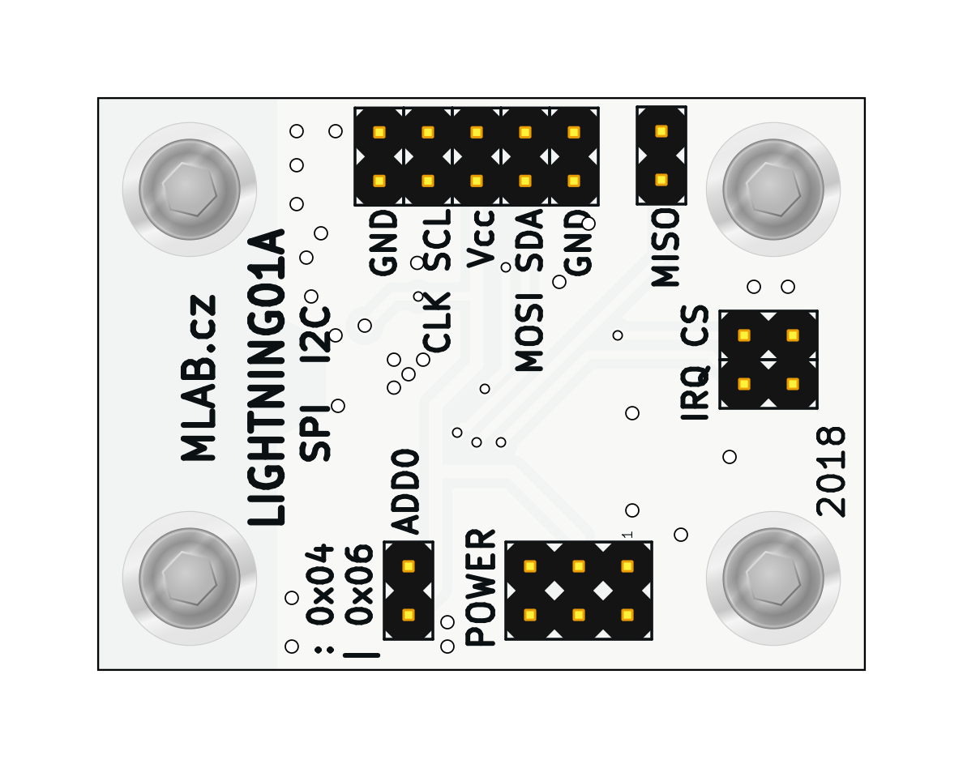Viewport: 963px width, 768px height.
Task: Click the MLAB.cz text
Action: (x=200, y=378)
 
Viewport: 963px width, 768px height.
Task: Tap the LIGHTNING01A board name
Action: (x=267, y=378)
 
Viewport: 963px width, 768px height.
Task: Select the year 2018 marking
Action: (x=832, y=471)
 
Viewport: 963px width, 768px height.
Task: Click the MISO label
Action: (x=666, y=247)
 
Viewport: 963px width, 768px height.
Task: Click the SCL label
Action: (x=439, y=240)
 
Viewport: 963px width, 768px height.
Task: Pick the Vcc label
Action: (x=481, y=239)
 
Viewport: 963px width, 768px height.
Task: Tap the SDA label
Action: (x=530, y=240)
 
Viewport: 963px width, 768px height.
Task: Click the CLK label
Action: (x=439, y=322)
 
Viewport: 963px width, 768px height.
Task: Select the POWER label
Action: (x=482, y=587)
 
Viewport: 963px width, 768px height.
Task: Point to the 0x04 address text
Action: (x=321, y=584)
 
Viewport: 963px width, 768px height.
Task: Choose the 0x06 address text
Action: (x=360, y=584)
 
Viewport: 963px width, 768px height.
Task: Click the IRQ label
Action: (x=695, y=392)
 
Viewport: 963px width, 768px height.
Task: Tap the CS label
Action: (x=695, y=327)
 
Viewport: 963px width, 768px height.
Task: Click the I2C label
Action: (x=316, y=333)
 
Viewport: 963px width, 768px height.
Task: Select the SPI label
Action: (x=316, y=432)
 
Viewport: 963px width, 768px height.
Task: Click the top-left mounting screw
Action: (x=190, y=190)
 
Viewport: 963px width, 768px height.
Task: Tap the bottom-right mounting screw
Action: (x=773, y=578)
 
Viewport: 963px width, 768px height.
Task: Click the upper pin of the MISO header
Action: (x=661, y=131)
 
